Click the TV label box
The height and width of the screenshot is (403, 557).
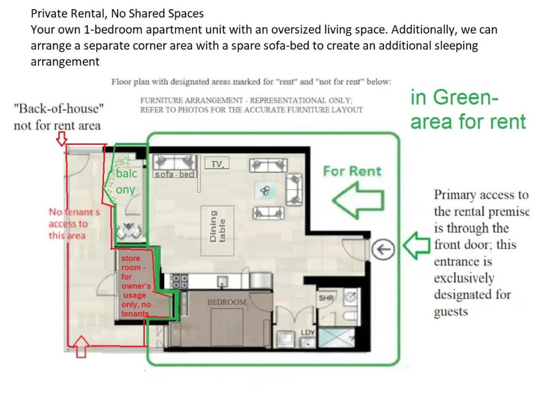pos(217,163)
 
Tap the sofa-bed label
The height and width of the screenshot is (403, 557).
pos(175,174)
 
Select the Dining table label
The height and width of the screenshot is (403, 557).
pos(217,227)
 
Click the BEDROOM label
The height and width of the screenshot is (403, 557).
pos(226,302)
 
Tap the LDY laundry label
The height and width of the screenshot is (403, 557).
pos(308,333)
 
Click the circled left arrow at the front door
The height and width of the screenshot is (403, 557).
pos(383,249)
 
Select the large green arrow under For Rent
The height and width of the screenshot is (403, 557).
pos(358,200)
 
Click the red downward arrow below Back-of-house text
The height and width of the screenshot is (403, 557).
pos(62,139)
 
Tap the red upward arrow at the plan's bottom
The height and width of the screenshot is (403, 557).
pos(81,346)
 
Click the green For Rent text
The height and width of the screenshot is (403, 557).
pos(352,171)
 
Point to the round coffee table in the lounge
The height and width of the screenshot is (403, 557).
pos(265,191)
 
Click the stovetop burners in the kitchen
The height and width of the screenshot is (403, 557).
pos(179,281)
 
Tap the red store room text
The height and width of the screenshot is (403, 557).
pos(136,286)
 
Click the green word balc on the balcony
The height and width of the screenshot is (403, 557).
pos(126,174)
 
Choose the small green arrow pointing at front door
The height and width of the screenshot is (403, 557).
pos(417,245)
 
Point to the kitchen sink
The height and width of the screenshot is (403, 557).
pos(223,282)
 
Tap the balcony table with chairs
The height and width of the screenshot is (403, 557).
pos(129,230)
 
